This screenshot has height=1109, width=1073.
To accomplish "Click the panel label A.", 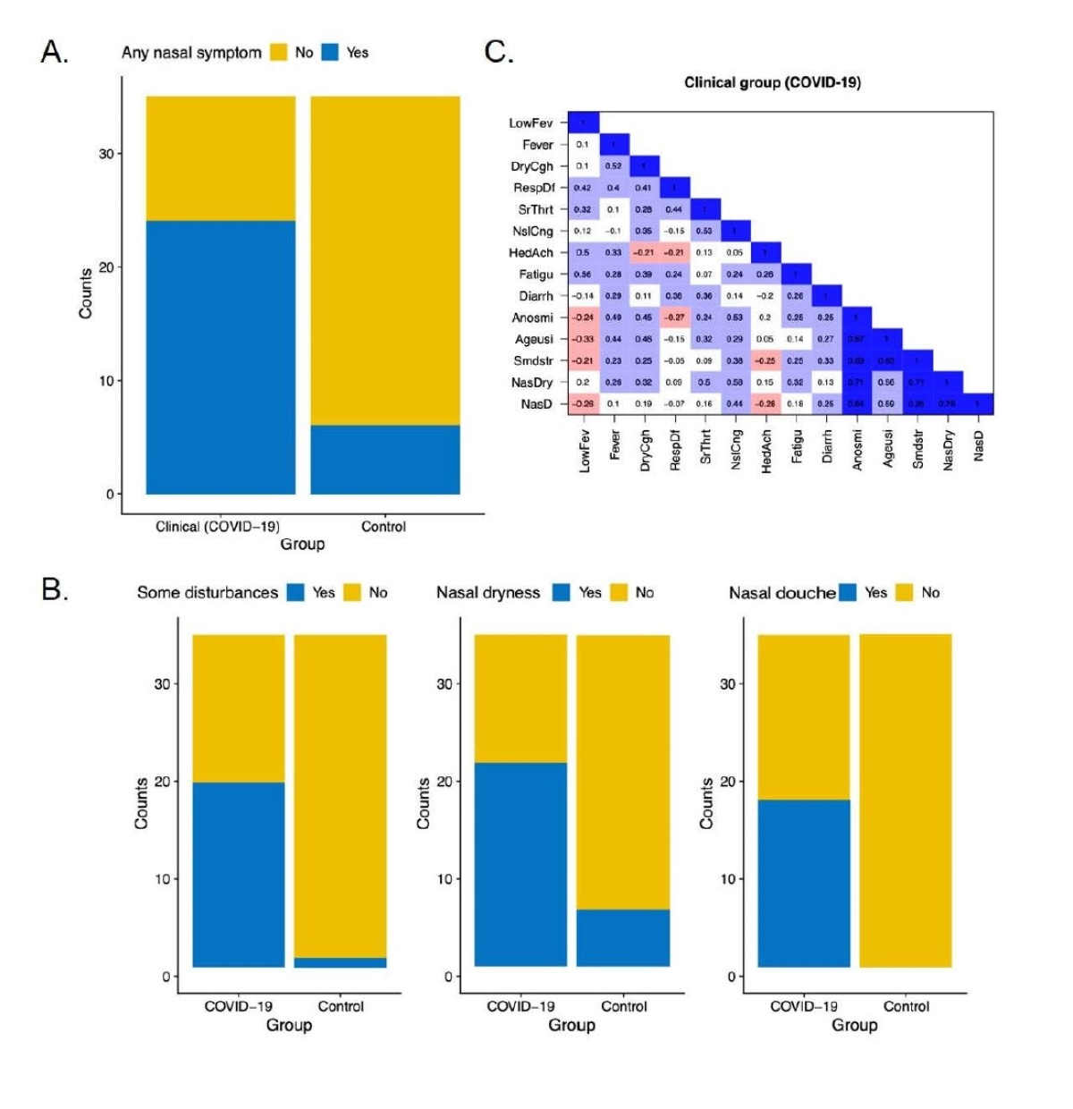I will pyautogui.click(x=55, y=53).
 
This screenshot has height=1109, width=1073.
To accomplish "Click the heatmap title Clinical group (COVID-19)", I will pyautogui.click(x=772, y=82).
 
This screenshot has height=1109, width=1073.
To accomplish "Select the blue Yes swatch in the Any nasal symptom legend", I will pyautogui.click(x=330, y=53).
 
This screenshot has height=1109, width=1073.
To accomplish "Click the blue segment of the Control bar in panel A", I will pyautogui.click(x=384, y=459).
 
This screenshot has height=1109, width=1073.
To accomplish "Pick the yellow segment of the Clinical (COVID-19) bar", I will pyautogui.click(x=220, y=158).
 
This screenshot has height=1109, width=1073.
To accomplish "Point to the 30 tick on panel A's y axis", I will pyautogui.click(x=106, y=154).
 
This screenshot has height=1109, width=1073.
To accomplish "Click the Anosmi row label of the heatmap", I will pyautogui.click(x=532, y=317).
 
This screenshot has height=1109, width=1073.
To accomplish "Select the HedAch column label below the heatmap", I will pyautogui.click(x=765, y=450).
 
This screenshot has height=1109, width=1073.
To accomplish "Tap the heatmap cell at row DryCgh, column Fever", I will pyautogui.click(x=613, y=166).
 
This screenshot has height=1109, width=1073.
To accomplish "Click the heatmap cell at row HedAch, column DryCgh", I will pyautogui.click(x=644, y=253).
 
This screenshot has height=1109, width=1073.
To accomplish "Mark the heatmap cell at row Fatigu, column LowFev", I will pyautogui.click(x=583, y=275).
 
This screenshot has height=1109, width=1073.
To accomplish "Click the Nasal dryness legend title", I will pyautogui.click(x=488, y=592).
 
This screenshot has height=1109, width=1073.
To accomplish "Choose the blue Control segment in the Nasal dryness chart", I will pyautogui.click(x=622, y=938).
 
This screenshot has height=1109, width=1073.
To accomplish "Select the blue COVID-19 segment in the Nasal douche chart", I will pyautogui.click(x=803, y=883).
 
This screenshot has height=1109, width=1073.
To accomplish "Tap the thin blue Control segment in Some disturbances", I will pyautogui.click(x=340, y=962).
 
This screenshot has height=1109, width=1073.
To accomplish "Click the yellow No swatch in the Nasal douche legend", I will pyautogui.click(x=905, y=592).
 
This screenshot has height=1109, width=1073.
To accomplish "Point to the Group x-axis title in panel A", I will pyautogui.click(x=302, y=544).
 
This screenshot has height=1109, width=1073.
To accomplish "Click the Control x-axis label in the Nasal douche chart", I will pyautogui.click(x=906, y=1006).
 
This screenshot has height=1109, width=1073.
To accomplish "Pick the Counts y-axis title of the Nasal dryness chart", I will pyautogui.click(x=424, y=802).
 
